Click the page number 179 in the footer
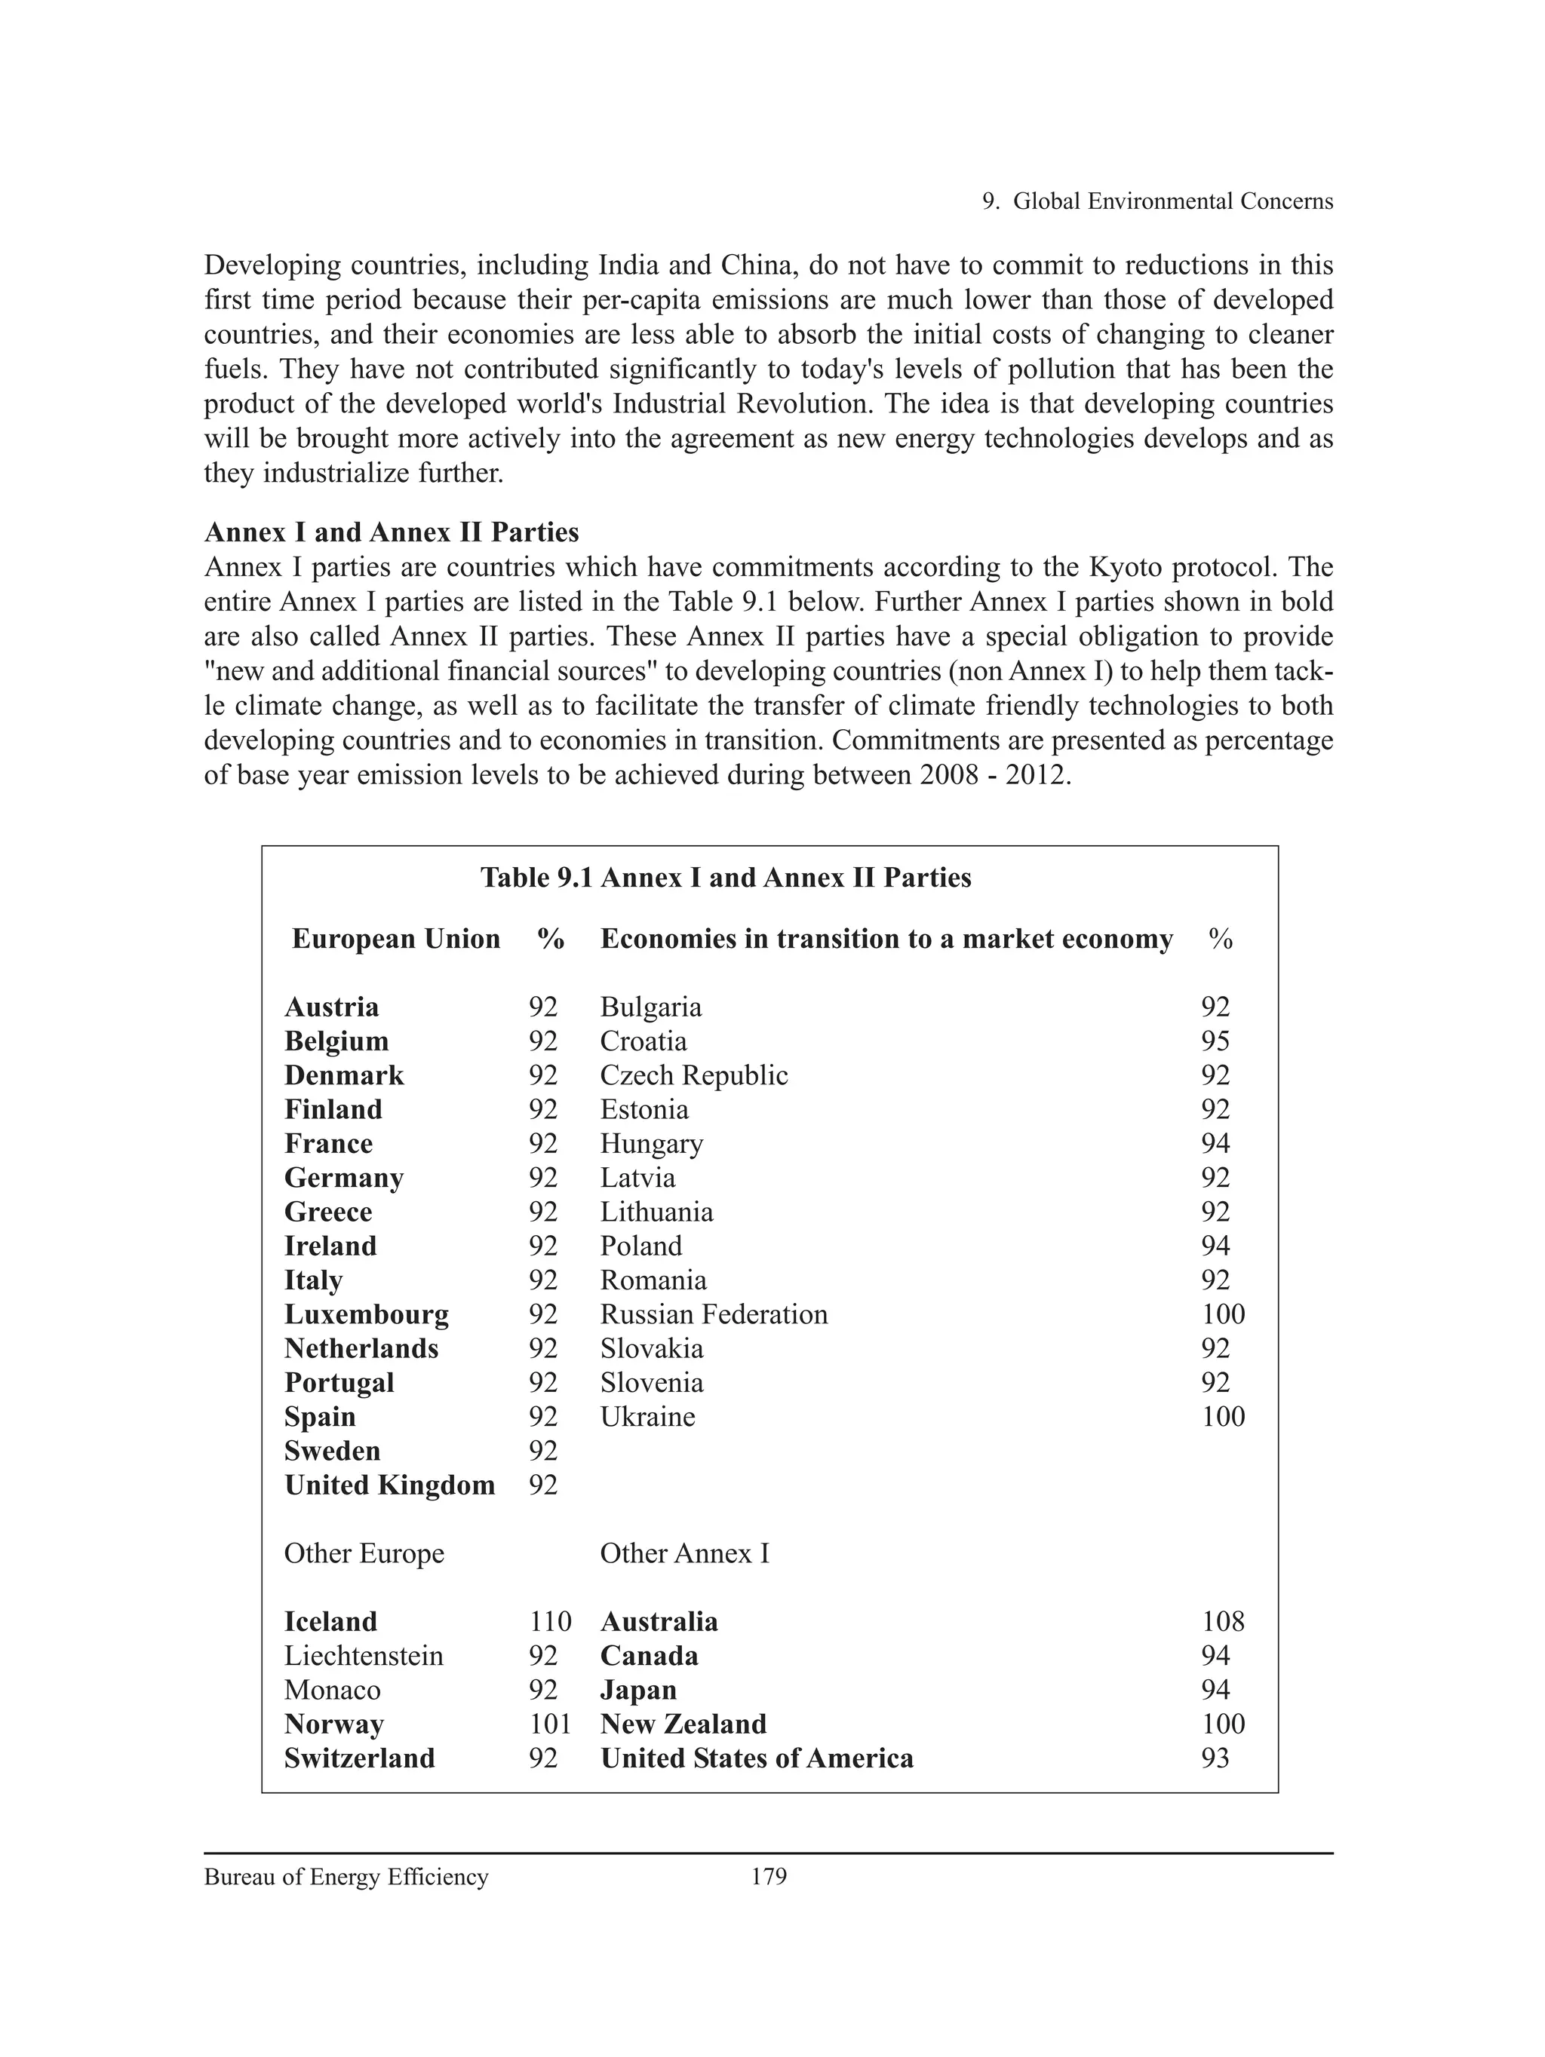(x=768, y=1877)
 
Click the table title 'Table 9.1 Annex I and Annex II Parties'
(x=726, y=878)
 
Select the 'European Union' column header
(x=395, y=940)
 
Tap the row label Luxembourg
(x=367, y=1314)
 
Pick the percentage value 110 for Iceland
(x=550, y=1621)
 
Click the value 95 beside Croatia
(x=1215, y=1041)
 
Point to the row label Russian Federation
(x=714, y=1314)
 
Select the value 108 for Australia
(x=1222, y=1621)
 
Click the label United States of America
(x=756, y=1758)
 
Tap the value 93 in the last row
(x=1215, y=1758)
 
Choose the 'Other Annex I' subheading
(x=684, y=1553)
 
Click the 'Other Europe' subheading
(x=364, y=1553)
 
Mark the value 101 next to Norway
(x=550, y=1723)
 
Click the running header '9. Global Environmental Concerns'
(x=1157, y=201)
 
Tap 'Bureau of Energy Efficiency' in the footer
(x=346, y=1877)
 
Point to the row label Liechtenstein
(x=364, y=1655)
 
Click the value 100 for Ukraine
(x=1222, y=1416)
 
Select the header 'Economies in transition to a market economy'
(x=886, y=940)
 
